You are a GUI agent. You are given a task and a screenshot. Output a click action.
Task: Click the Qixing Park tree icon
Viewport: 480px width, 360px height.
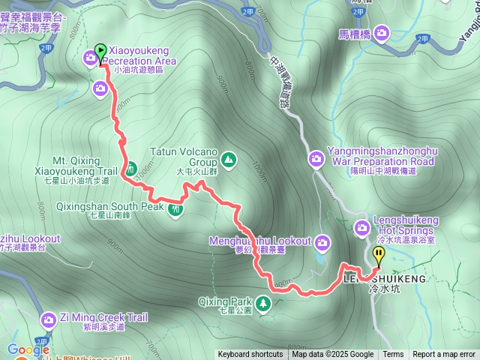pyautogui.click(x=263, y=303)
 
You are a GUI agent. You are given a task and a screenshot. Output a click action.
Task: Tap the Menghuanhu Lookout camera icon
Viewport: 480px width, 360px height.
pyautogui.click(x=323, y=241)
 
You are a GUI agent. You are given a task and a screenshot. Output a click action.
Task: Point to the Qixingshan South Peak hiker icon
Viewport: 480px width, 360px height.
pyautogui.click(x=176, y=209)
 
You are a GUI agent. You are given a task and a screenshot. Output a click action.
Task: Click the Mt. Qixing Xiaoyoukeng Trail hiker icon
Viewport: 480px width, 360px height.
pyautogui.click(x=130, y=169)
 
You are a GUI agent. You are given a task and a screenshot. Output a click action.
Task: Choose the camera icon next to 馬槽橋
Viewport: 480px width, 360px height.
pyautogui.click(x=382, y=32)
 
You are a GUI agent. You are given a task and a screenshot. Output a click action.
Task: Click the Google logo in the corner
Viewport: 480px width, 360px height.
pyautogui.click(x=28, y=349)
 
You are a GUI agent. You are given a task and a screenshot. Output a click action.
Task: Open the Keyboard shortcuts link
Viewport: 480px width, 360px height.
pyautogui.click(x=250, y=355)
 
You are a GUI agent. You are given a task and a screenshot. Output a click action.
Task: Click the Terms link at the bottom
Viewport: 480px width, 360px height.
pyautogui.click(x=393, y=355)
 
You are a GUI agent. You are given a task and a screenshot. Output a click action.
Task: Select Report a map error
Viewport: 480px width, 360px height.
pyautogui.click(x=444, y=355)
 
